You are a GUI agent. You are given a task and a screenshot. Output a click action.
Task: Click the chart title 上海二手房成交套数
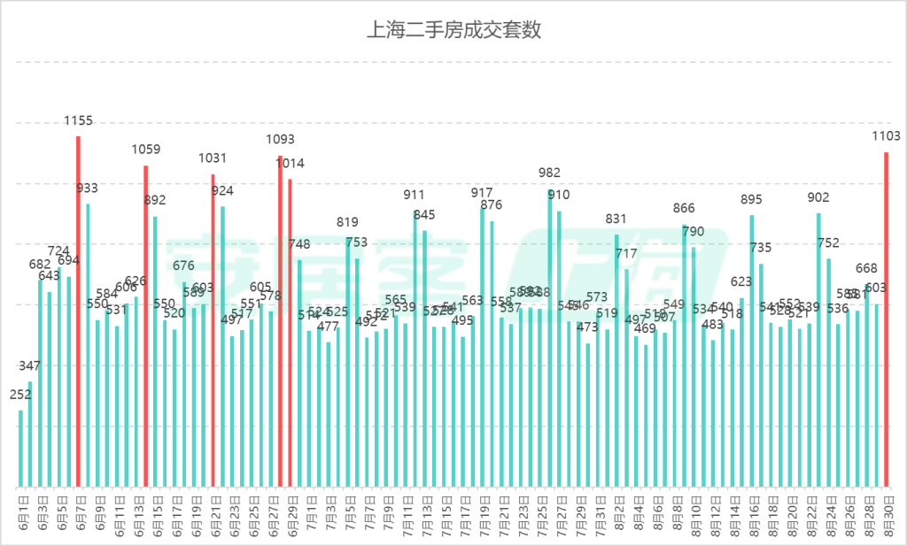pyautogui.click(x=453, y=30)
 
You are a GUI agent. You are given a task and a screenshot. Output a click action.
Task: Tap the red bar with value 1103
pyautogui.click(x=886, y=319)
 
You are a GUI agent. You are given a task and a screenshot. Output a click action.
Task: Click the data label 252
pyautogui.click(x=20, y=396)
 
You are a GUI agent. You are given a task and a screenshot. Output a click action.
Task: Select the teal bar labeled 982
pyautogui.click(x=549, y=337)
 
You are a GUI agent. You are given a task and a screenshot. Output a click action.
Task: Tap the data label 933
pyautogui.click(x=88, y=188)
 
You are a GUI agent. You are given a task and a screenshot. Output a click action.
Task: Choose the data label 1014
pyautogui.click(x=290, y=163)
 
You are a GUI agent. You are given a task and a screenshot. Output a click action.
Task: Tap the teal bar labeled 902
pyautogui.click(x=818, y=350)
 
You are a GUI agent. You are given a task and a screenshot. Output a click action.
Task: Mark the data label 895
pyautogui.click(x=751, y=199)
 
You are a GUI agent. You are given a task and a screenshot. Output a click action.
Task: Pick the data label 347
pyautogui.click(x=30, y=365)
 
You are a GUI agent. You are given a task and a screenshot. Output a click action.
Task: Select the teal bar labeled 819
pyautogui.click(x=347, y=362)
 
